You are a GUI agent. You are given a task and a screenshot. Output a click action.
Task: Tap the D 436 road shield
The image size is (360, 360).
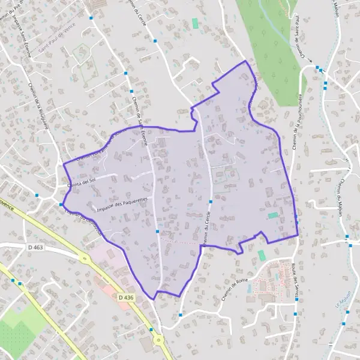tap(125, 297)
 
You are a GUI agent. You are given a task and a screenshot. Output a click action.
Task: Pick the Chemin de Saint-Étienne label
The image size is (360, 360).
tap(139, 115)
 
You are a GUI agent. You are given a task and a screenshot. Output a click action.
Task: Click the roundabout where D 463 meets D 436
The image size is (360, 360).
tap(82, 258)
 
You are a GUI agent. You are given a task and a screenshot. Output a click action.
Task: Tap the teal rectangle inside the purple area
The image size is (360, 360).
tap(273, 215)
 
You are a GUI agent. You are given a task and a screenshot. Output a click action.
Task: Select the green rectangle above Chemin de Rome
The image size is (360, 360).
tap(261, 255)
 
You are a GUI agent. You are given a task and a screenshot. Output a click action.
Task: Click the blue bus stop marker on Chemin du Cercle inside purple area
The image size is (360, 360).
tap(209, 202)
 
